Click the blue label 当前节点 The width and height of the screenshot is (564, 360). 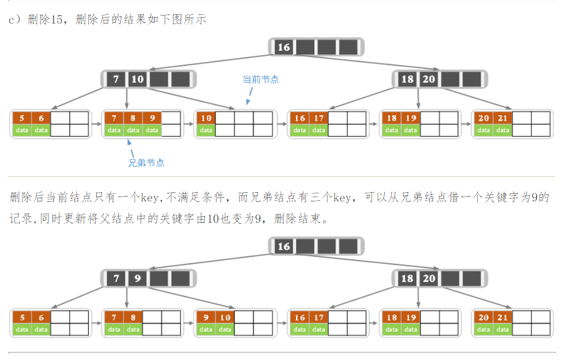pyautogui.click(x=260, y=79)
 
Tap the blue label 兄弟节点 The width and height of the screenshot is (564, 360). pyautogui.click(x=146, y=162)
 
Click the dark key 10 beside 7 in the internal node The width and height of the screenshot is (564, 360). pyautogui.click(x=137, y=79)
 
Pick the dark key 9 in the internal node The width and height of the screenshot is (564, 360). pyautogui.click(x=137, y=278)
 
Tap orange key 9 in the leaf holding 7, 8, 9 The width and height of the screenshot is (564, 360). pyautogui.click(x=152, y=118)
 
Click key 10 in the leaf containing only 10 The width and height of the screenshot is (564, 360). pyautogui.click(x=206, y=118)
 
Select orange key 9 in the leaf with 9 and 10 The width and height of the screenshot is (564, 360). pyautogui.click(x=206, y=317)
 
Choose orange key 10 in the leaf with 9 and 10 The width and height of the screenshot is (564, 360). pyautogui.click(x=225, y=317)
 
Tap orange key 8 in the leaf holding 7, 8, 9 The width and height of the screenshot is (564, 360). pyautogui.click(x=133, y=118)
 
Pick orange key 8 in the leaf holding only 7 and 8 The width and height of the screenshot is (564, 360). pyautogui.click(x=133, y=317)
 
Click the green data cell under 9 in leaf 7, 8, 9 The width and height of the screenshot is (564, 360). pyautogui.click(x=152, y=130)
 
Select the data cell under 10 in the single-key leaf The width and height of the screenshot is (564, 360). pyautogui.click(x=206, y=130)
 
